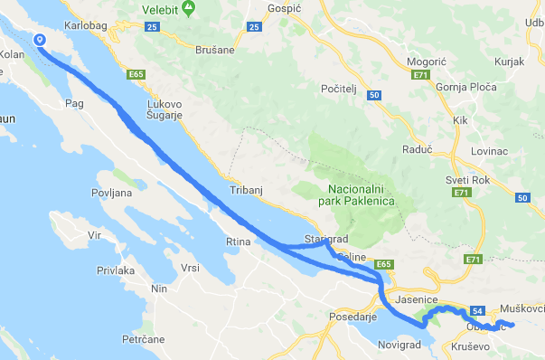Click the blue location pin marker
40,41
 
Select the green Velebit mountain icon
188,8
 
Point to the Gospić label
284,8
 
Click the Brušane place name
215,50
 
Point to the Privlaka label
116,270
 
